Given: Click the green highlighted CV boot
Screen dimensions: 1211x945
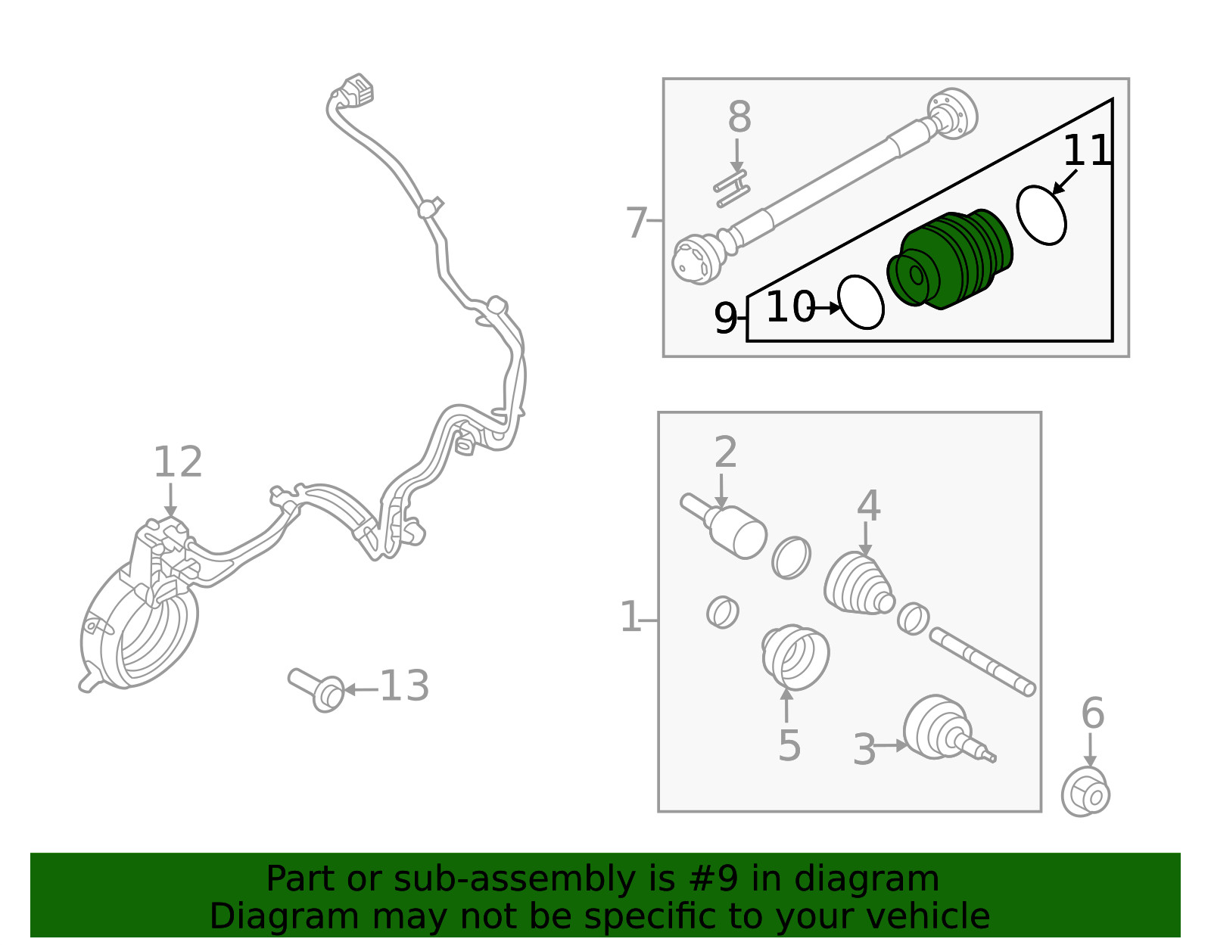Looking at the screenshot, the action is click(x=950, y=260).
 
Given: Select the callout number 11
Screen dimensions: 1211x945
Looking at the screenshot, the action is click(x=1087, y=151).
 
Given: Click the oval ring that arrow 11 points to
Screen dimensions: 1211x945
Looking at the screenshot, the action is click(x=1041, y=216).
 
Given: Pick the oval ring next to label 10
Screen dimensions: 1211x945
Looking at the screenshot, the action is click(x=861, y=303).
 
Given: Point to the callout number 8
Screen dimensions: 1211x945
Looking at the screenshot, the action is click(x=739, y=117).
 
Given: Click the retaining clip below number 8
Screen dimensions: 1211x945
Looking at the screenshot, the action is click(x=732, y=189).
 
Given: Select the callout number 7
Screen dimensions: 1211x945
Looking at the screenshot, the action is click(x=637, y=222).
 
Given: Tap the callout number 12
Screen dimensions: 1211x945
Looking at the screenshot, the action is click(x=178, y=462).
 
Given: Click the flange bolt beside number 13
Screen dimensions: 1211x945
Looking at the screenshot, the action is click(x=316, y=690).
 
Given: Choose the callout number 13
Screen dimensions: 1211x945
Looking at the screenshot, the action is click(x=405, y=685).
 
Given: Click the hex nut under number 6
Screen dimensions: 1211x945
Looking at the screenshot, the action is click(x=1085, y=792).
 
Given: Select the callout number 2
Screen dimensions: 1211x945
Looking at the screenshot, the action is click(x=726, y=452).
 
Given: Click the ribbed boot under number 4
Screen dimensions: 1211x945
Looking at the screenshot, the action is click(x=859, y=584).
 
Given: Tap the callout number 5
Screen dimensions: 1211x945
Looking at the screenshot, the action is click(x=789, y=745).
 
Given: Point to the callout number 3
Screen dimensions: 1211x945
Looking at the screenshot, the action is click(x=864, y=750).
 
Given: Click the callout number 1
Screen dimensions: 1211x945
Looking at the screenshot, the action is click(x=630, y=617).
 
